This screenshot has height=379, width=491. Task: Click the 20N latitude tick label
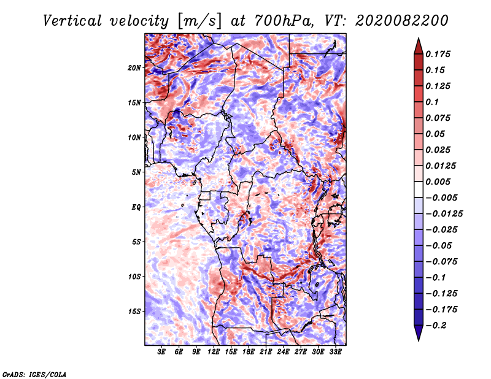click(x=134, y=67)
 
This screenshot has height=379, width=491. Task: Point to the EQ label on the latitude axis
click(x=136, y=207)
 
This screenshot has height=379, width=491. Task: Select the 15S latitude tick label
click(x=134, y=312)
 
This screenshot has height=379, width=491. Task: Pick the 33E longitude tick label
click(x=335, y=352)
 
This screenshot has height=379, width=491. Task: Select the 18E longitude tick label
click(x=248, y=352)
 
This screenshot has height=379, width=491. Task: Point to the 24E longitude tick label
click(x=283, y=352)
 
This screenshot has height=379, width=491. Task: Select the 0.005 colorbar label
click(x=439, y=182)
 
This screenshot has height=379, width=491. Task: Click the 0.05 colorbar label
click(x=436, y=134)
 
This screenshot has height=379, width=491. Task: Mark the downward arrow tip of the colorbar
click(x=418, y=339)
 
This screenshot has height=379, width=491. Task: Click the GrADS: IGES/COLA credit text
click(x=34, y=373)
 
